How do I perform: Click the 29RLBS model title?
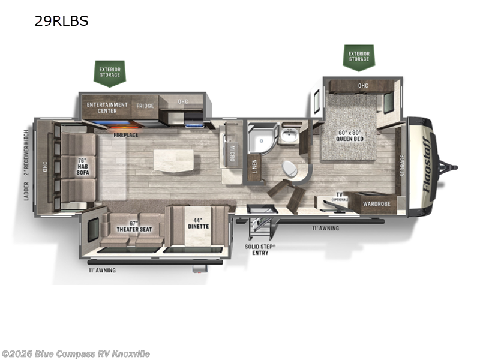pos(62,21)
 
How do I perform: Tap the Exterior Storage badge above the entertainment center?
pos(109,73)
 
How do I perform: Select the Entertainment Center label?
pos(107,107)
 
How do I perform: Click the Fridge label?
pos(145,106)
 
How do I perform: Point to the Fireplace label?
pos(126,135)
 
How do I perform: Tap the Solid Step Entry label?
pos(260,250)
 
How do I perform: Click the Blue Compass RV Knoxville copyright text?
pos(76,353)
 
